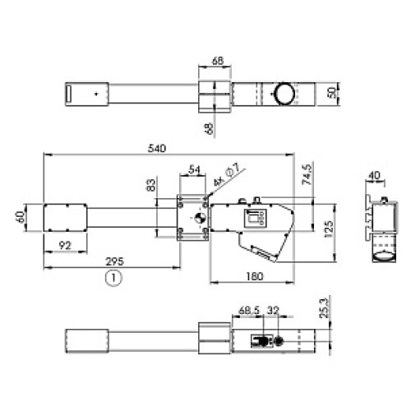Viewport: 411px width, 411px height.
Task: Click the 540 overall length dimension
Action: (157, 149)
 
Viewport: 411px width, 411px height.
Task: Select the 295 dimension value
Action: (115, 261)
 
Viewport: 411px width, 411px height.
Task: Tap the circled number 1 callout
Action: (113, 278)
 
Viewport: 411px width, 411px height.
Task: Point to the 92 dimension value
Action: (65, 246)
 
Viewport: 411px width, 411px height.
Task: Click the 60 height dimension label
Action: (21, 217)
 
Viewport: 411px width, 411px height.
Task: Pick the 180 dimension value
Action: (255, 276)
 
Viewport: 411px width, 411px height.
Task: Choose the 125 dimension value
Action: (329, 229)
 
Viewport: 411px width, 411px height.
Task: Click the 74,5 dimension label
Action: (307, 174)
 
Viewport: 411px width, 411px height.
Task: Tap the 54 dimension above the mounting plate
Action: (195, 170)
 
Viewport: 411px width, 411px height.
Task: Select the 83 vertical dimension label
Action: (151, 185)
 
